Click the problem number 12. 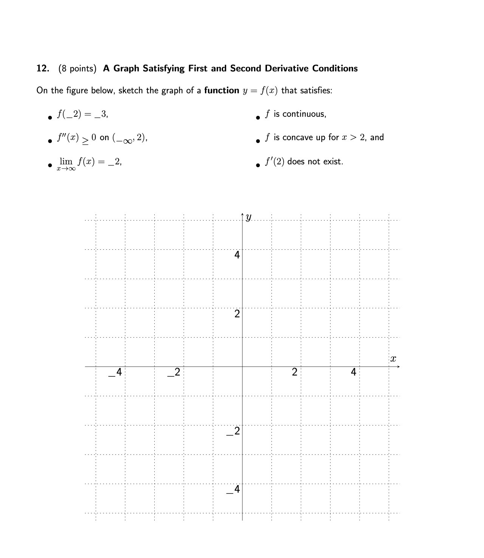(42, 68)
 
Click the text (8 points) (78, 69)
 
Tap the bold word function (222, 91)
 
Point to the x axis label (393, 359)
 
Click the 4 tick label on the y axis (237, 255)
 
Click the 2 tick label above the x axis (237, 314)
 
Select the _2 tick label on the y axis (234, 431)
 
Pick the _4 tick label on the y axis (234, 490)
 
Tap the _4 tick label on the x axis (116, 373)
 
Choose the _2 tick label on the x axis (174, 373)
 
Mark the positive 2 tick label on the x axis (295, 372)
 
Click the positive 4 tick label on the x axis (354, 372)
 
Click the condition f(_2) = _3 (82, 114)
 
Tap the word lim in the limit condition (66, 161)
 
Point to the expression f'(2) (275, 162)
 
